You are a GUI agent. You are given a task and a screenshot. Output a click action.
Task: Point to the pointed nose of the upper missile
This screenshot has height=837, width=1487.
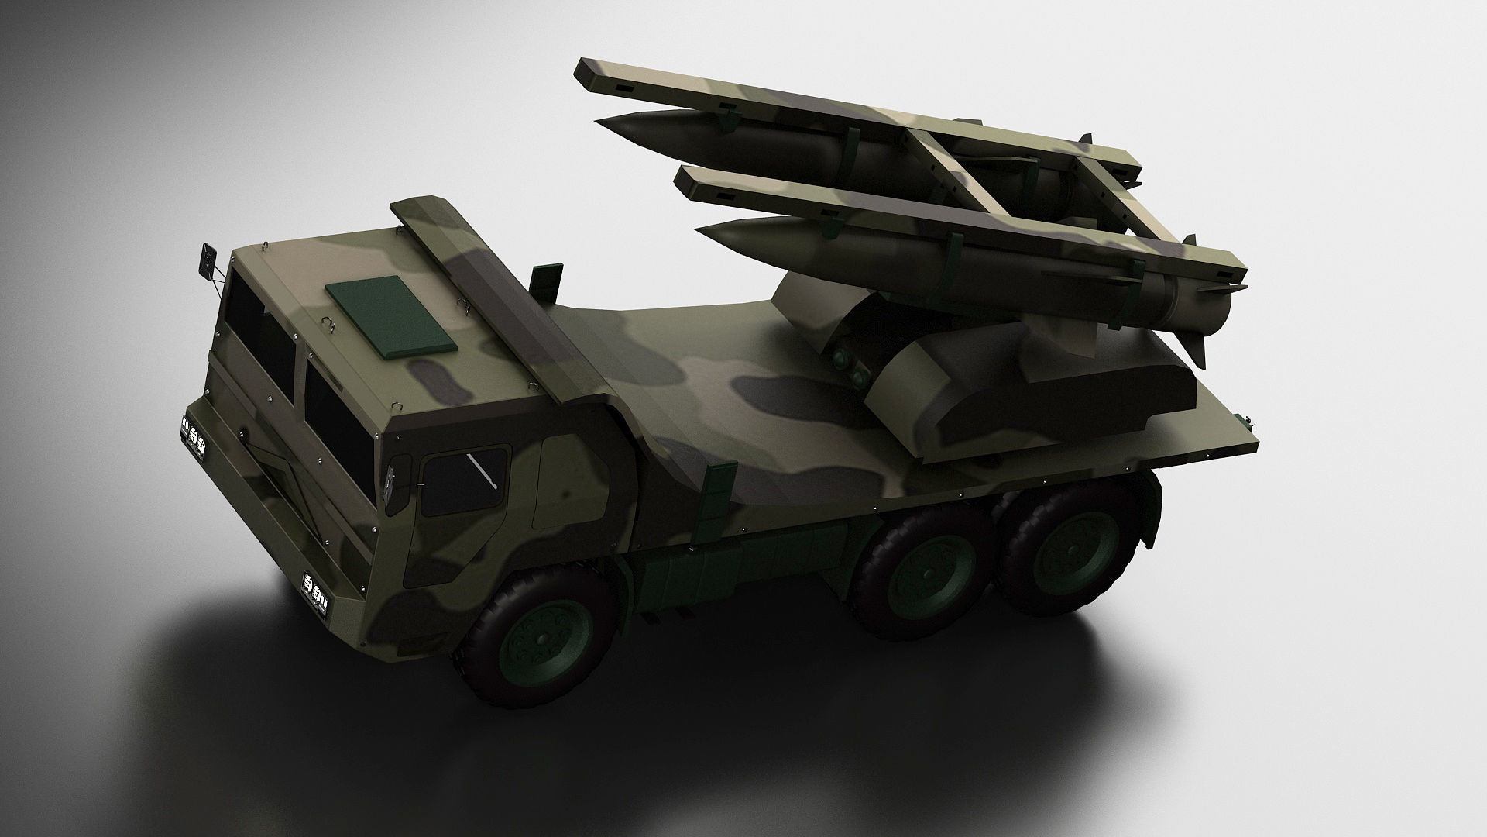pyautogui.click(x=601, y=122)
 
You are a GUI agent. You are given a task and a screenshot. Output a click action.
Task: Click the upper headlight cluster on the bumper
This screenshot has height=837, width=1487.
pyautogui.click(x=194, y=426)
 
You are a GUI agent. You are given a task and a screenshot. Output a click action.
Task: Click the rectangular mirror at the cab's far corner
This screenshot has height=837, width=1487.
pyautogui.click(x=208, y=260)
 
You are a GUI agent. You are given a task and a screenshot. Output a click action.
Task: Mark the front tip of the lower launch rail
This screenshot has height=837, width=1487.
pyautogui.click(x=685, y=179)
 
